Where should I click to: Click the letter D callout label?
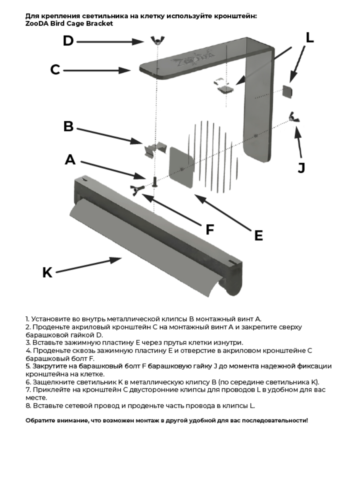(68, 41)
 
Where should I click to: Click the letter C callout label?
(55, 70)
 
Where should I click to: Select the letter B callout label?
(68, 127)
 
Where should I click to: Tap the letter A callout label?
(70, 160)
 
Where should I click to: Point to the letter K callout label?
(47, 273)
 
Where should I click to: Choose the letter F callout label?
(210, 230)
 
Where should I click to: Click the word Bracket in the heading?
(100, 24)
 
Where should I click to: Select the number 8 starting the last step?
(27, 406)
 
